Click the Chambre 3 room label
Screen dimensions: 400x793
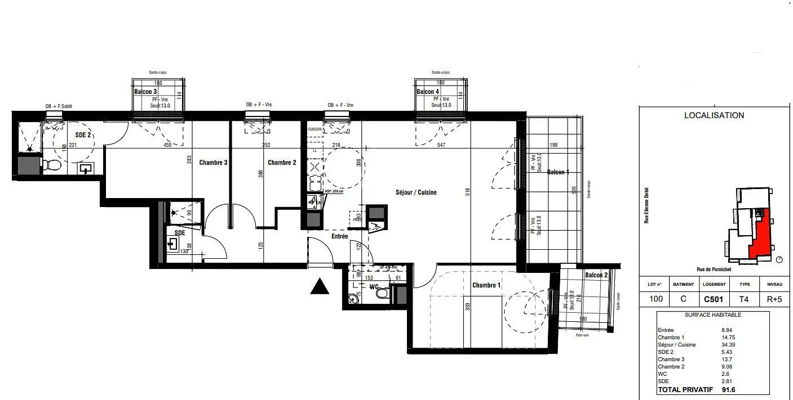click(213, 163)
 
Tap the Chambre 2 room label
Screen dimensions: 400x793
click(282, 163)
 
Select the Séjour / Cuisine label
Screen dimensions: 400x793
click(416, 192)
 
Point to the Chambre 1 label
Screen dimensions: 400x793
click(486, 285)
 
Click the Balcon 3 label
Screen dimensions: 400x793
click(145, 91)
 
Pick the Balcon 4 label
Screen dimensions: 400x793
click(428, 92)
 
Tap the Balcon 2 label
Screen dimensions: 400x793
click(596, 275)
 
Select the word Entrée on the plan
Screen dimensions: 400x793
click(339, 236)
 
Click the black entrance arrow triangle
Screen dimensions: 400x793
click(320, 287)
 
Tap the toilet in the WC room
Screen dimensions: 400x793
click(382, 294)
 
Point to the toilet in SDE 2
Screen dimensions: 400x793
click(52, 165)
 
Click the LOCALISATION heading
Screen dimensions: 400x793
click(714, 115)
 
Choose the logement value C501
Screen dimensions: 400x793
click(714, 299)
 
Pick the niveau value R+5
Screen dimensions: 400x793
click(774, 299)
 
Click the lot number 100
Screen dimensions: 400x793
click(655, 299)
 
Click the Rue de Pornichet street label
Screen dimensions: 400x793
click(714, 269)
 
